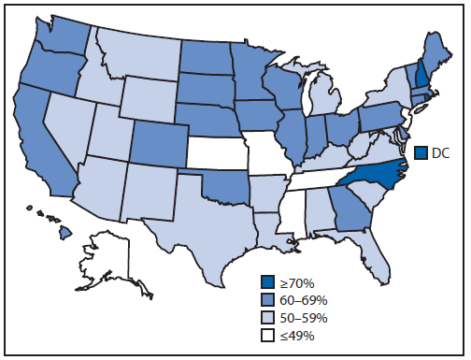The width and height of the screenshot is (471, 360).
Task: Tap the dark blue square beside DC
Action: pyautogui.click(x=421, y=152)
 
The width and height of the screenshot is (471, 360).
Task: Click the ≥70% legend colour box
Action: pyautogui.click(x=270, y=280)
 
